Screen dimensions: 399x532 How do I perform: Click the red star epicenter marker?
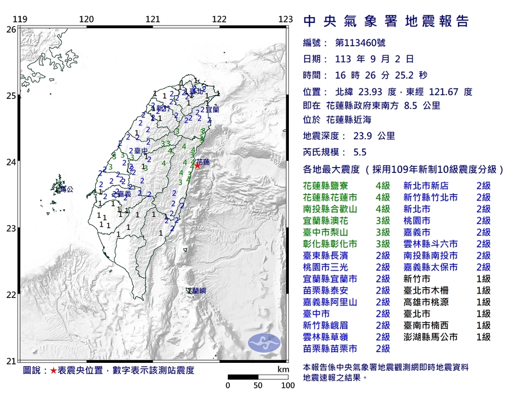click(x=197, y=165)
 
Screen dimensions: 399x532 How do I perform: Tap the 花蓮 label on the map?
click(x=203, y=161)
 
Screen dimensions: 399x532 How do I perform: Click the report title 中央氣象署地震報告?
click(x=386, y=21)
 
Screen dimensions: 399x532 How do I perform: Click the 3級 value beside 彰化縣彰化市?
click(x=383, y=244)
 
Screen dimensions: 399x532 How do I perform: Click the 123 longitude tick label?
click(x=286, y=20)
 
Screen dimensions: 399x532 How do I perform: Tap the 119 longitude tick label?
click(x=20, y=20)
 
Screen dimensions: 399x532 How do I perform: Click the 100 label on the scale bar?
click(x=288, y=385)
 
